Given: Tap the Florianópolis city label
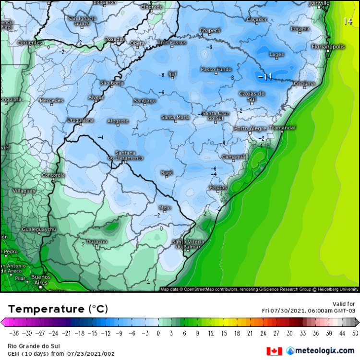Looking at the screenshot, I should click(x=328, y=47).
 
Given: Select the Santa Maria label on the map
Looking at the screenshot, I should click(x=175, y=117).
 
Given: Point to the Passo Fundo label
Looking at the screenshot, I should click(x=216, y=70).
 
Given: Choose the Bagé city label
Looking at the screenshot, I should click(x=166, y=172).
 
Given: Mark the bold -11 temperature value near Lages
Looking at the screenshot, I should click(x=265, y=77).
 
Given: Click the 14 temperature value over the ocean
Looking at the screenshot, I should click(x=348, y=21).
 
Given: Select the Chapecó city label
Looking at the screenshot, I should click(x=210, y=31).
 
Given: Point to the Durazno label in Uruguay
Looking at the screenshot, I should click(x=96, y=241).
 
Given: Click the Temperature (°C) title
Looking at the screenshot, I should click(x=58, y=309).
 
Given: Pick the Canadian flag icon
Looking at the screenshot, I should click(x=275, y=351).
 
